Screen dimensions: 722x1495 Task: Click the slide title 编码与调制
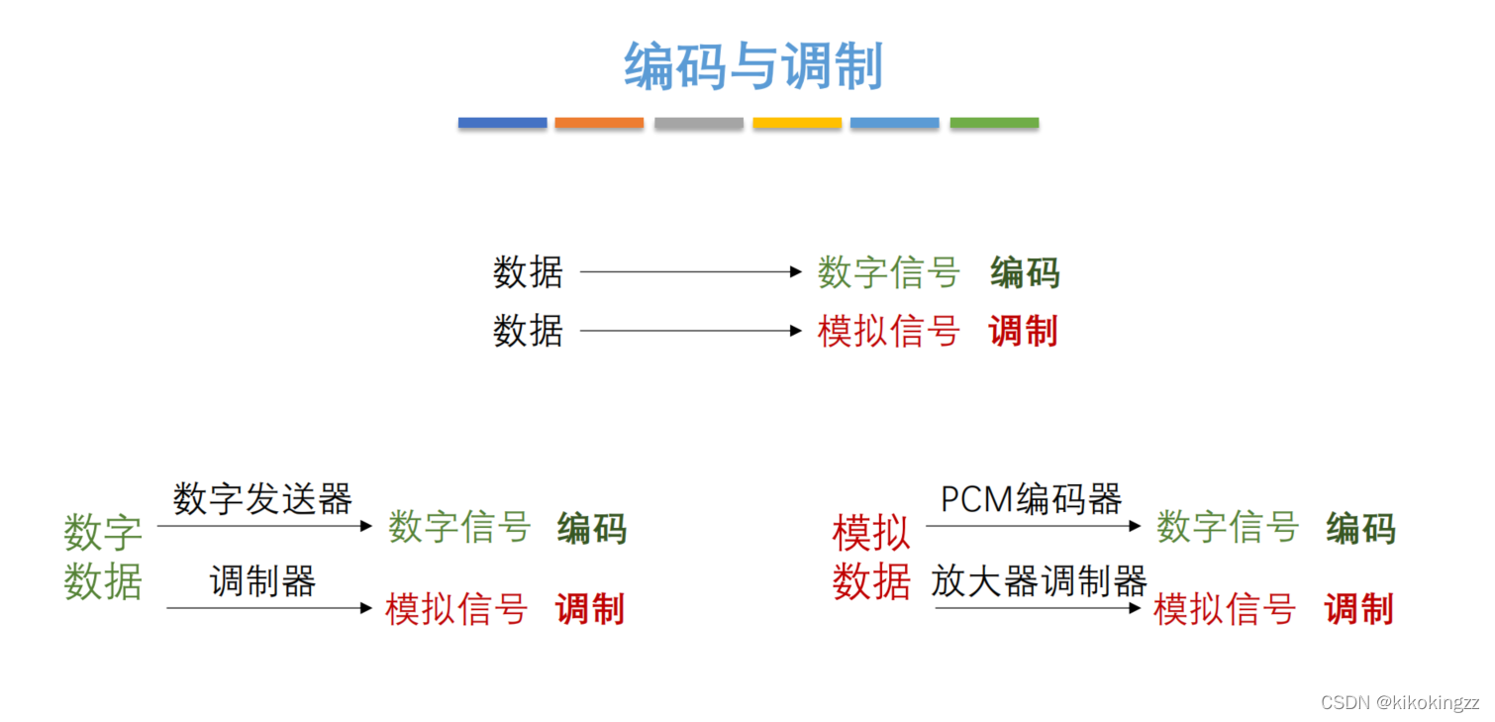pos(752,67)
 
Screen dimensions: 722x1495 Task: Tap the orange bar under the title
pos(599,123)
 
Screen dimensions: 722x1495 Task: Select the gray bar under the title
pos(698,123)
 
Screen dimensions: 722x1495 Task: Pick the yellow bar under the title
pos(797,123)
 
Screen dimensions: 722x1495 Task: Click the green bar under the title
pos(994,123)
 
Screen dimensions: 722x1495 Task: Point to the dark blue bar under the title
pos(502,123)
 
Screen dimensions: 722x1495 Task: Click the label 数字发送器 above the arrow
pos(262,498)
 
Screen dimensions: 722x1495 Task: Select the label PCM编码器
pos(1031,498)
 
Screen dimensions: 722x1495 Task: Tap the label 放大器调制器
pos(1039,580)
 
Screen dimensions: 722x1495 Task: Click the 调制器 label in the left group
pos(262,580)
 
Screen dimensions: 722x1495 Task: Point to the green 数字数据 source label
pos(103,558)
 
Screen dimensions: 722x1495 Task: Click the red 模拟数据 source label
pos(871,558)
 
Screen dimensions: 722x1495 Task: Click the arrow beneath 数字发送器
pos(264,526)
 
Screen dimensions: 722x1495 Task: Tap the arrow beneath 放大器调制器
pos(1038,607)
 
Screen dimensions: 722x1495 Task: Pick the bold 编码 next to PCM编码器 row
pos(1360,528)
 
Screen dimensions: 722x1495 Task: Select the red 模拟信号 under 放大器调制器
pos(1225,609)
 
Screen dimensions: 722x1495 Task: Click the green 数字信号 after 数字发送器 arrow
pos(459,527)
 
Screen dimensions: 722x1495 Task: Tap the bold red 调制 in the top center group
pos(1024,331)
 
